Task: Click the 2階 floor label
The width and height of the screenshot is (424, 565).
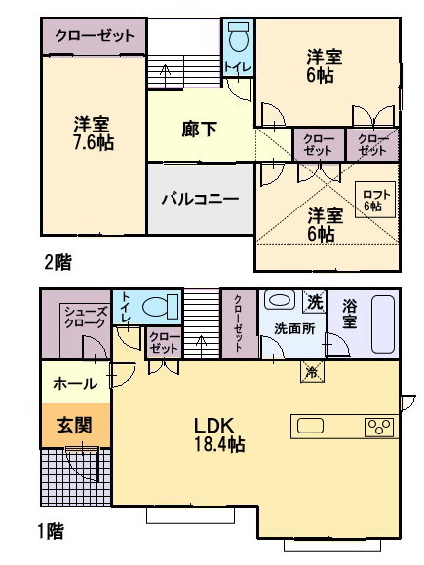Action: coord(58,262)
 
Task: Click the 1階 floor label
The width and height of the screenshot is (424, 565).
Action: coord(52,531)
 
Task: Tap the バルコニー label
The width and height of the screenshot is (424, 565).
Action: coord(201,199)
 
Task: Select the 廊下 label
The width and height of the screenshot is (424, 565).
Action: coord(200,129)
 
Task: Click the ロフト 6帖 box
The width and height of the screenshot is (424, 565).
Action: coord(375,200)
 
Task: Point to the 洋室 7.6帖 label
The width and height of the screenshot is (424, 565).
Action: coord(93,132)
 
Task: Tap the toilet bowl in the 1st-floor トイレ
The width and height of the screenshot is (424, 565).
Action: coord(161,307)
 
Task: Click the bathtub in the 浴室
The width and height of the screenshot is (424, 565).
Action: coord(383,324)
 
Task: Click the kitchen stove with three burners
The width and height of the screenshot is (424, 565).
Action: coord(379,427)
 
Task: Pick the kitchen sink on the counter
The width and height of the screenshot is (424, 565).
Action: coord(310,426)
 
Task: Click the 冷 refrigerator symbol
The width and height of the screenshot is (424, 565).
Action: coord(312,371)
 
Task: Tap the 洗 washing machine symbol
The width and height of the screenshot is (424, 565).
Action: coord(315,301)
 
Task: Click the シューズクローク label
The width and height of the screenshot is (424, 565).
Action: coord(86,318)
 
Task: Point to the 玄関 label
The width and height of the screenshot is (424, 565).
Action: coord(74,425)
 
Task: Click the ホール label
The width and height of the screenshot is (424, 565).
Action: coord(75,384)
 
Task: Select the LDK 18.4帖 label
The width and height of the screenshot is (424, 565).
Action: coord(219,434)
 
